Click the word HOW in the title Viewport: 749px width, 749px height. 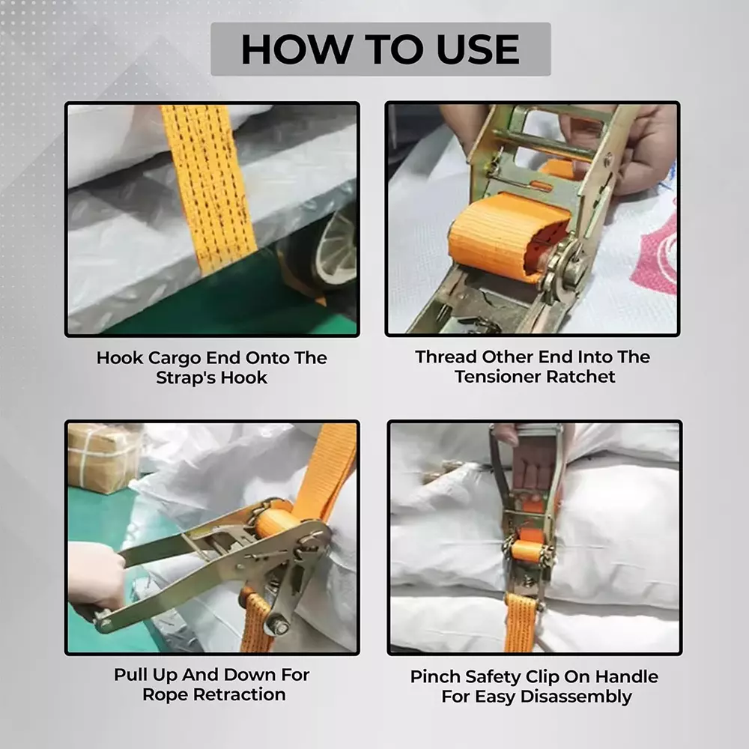click(287, 49)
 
